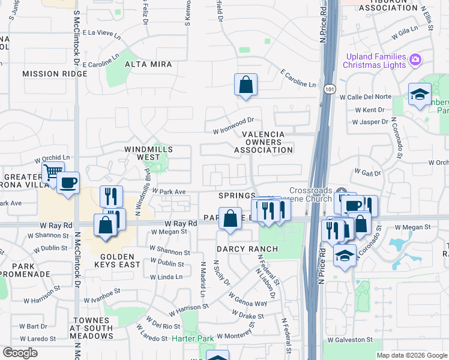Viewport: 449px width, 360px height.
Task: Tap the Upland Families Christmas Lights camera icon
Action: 415,59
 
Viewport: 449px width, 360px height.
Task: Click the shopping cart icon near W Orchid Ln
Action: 53,173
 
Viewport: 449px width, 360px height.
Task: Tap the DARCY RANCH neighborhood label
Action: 248,249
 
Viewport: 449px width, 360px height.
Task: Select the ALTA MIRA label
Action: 148,64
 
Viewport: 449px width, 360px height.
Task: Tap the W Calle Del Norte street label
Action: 373,97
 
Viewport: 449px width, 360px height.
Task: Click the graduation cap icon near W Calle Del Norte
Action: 419,94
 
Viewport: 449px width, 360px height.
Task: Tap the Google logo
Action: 20,353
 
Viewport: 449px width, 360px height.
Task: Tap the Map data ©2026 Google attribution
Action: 412,355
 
